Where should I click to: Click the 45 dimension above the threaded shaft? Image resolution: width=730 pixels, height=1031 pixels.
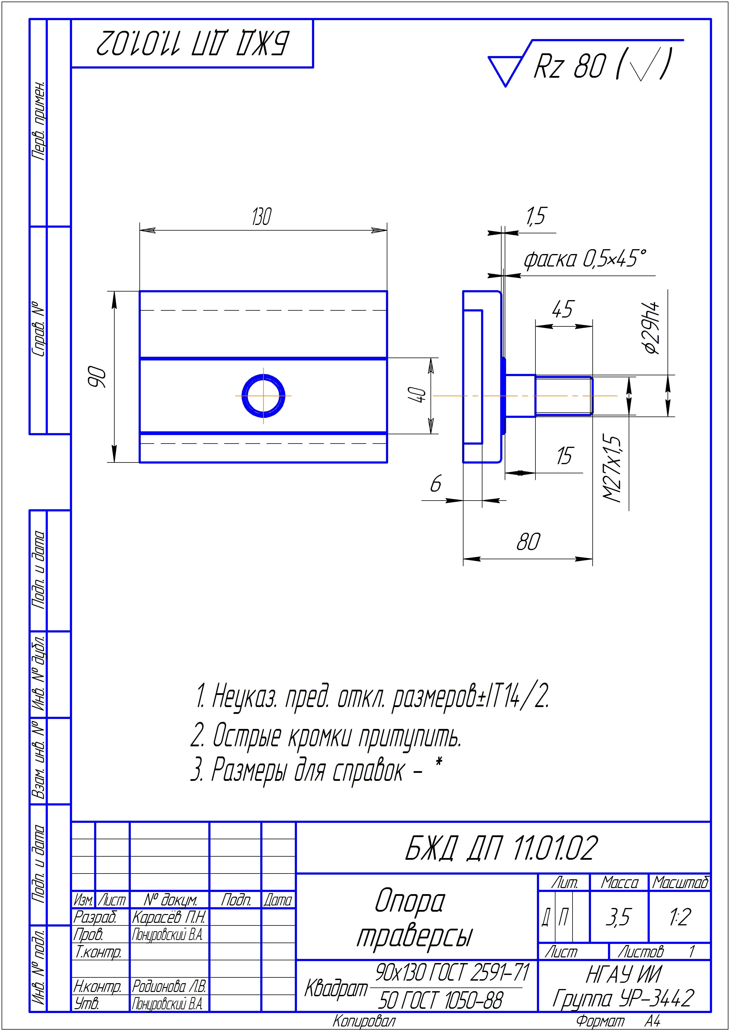[x=563, y=309]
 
